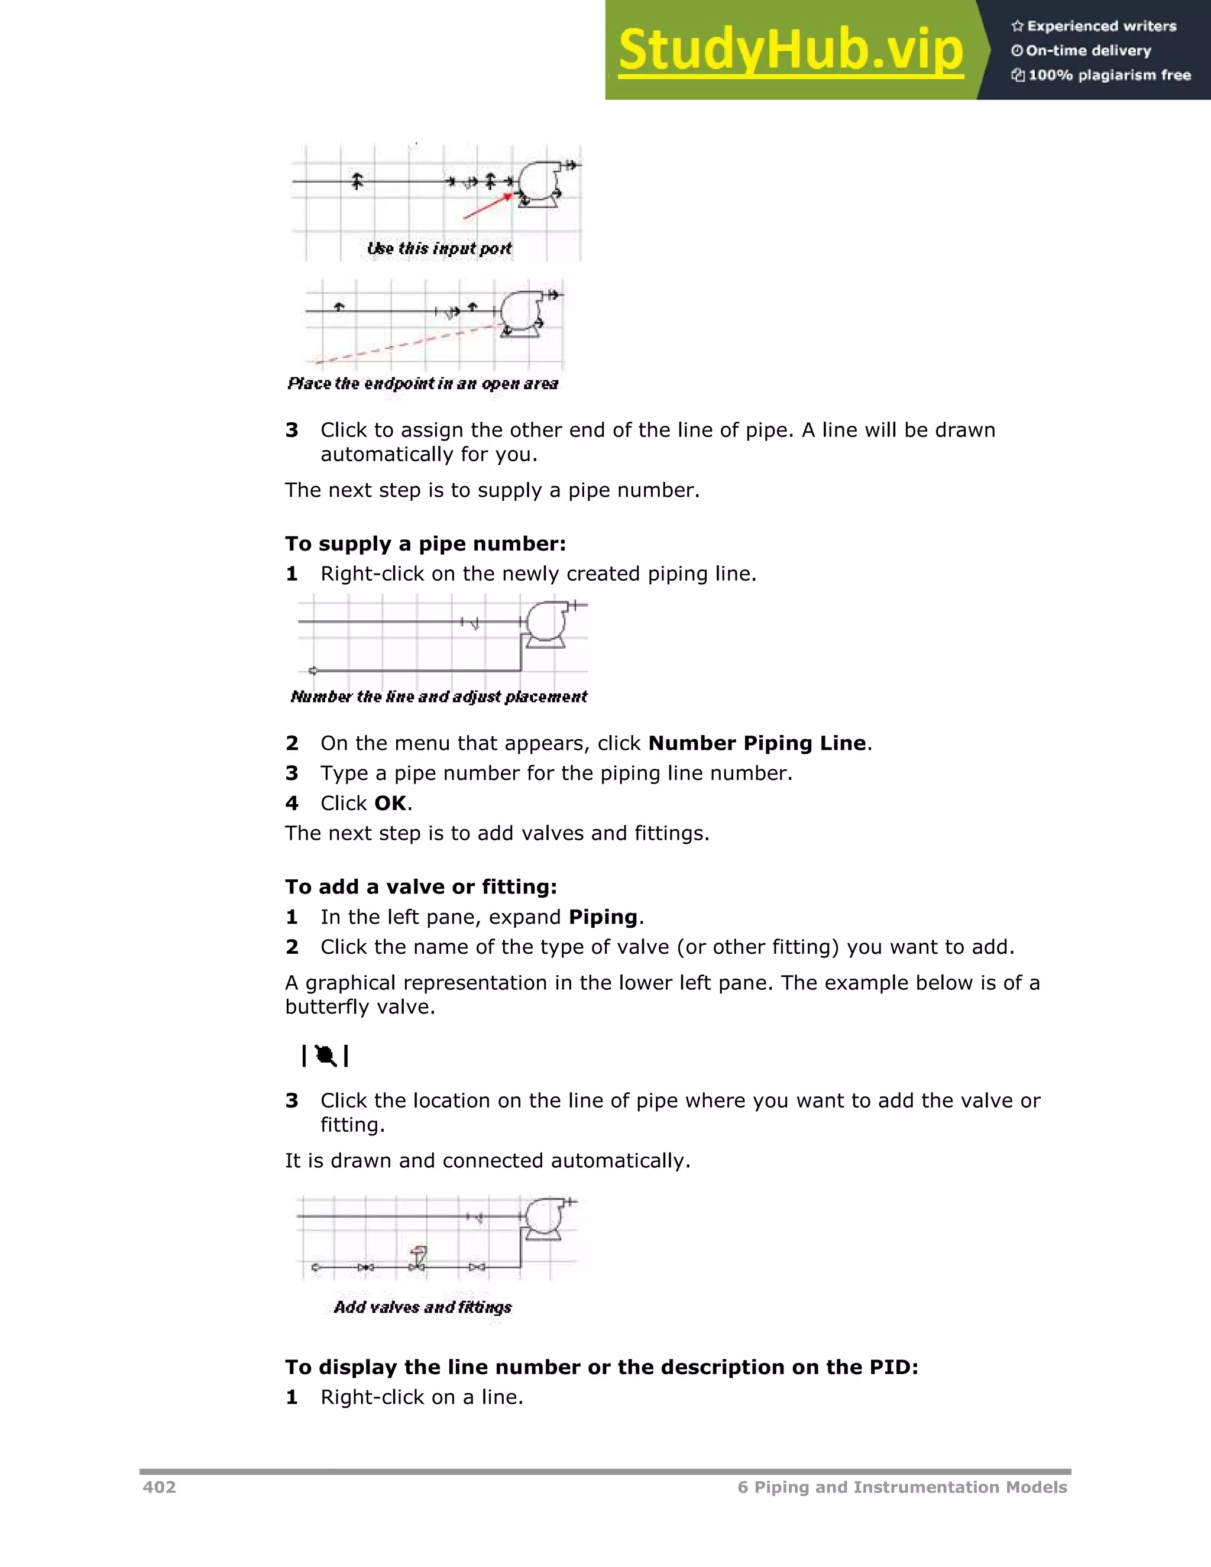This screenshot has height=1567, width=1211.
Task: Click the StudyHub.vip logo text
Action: point(790,50)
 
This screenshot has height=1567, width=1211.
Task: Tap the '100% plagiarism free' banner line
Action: point(1101,75)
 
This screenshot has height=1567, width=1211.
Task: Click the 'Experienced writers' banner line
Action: point(1094,27)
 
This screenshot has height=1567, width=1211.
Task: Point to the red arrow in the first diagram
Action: point(488,205)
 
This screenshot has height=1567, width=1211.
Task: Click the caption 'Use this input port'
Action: point(439,248)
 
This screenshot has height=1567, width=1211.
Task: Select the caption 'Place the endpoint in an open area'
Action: point(423,383)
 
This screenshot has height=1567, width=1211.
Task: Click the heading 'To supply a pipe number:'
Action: point(425,543)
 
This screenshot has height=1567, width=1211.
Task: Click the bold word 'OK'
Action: point(390,803)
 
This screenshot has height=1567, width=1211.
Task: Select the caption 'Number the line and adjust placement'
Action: point(438,697)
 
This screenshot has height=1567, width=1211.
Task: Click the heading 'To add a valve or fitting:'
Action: point(421,887)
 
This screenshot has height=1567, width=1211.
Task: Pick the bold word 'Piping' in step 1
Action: point(603,917)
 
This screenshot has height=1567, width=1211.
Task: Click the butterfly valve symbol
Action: point(326,1056)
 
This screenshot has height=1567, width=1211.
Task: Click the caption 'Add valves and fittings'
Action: point(423,1307)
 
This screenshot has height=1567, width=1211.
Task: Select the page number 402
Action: point(159,1487)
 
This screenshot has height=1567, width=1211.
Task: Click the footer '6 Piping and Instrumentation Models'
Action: point(902,1487)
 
